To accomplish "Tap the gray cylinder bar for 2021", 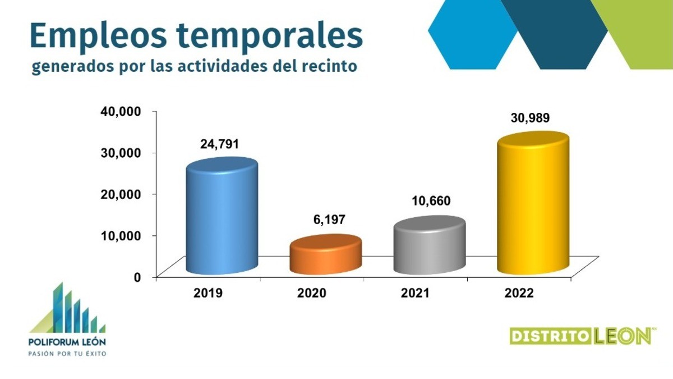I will pyautogui.click(x=430, y=247).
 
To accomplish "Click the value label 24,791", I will pyautogui.click(x=219, y=144).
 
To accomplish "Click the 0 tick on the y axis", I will pyautogui.click(x=136, y=277).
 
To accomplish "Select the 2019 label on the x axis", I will pyautogui.click(x=209, y=293).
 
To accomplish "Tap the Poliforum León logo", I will pyautogui.click(x=67, y=320).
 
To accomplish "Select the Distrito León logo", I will pyautogui.click(x=582, y=336).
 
